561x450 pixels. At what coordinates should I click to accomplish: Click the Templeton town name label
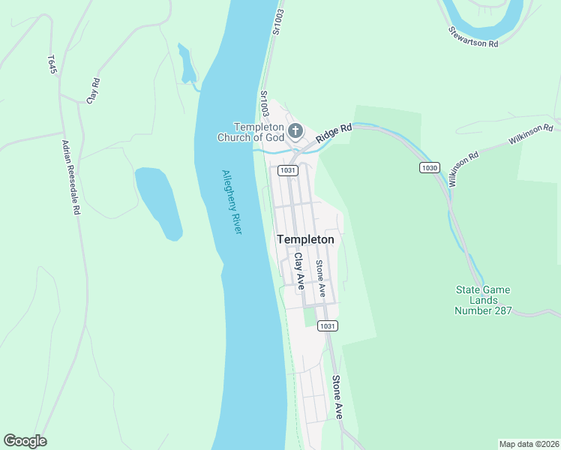click(305, 239)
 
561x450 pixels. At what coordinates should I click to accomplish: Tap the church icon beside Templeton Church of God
click(295, 132)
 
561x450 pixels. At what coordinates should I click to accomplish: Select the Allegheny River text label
click(232, 202)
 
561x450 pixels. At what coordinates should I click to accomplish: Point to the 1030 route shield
click(429, 168)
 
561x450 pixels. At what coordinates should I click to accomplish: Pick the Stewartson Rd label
click(473, 37)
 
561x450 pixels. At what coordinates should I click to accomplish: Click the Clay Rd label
click(94, 90)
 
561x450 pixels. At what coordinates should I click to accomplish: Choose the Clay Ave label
click(299, 271)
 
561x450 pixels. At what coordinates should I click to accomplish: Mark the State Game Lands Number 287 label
click(484, 300)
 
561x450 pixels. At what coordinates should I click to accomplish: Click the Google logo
click(25, 441)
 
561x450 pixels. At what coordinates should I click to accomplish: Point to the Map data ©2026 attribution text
click(528, 443)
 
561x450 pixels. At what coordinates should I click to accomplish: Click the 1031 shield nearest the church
click(287, 170)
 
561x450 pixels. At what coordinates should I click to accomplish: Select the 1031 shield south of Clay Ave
click(326, 325)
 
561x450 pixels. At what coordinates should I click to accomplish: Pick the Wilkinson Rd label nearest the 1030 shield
click(463, 170)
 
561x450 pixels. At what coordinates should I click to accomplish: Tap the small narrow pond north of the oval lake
click(187, 64)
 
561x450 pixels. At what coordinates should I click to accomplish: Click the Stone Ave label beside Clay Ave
click(320, 277)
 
